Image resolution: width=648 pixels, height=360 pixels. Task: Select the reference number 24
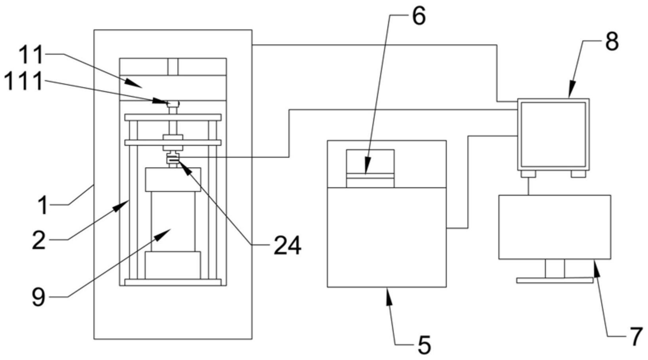tap(287, 245)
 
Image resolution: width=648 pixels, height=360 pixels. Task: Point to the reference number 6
tap(419, 15)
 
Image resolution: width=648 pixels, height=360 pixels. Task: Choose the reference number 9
tap(39, 297)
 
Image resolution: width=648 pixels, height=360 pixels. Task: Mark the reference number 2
tap(39, 240)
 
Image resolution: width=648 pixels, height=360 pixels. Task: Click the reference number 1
tap(43, 205)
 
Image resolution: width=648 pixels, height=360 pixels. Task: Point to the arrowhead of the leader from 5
tap(389, 296)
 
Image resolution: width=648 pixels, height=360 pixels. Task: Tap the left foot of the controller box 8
tap(528, 173)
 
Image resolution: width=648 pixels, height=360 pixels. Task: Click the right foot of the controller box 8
tap(578, 173)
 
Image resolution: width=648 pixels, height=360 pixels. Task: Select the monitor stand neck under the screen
tap(555, 269)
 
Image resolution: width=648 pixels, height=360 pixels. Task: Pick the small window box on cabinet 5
tap(370, 168)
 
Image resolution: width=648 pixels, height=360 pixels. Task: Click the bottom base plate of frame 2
tap(173, 282)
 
